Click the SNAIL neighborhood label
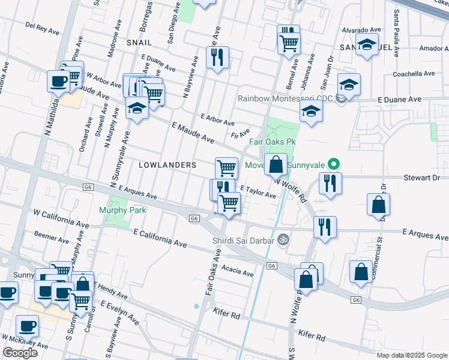139,43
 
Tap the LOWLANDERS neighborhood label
167,164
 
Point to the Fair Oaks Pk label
273,142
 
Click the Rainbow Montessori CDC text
285,99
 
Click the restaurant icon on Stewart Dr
330,183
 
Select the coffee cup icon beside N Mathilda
59,81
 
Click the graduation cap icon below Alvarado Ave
367,44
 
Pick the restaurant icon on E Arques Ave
325,227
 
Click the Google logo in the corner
20,353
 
